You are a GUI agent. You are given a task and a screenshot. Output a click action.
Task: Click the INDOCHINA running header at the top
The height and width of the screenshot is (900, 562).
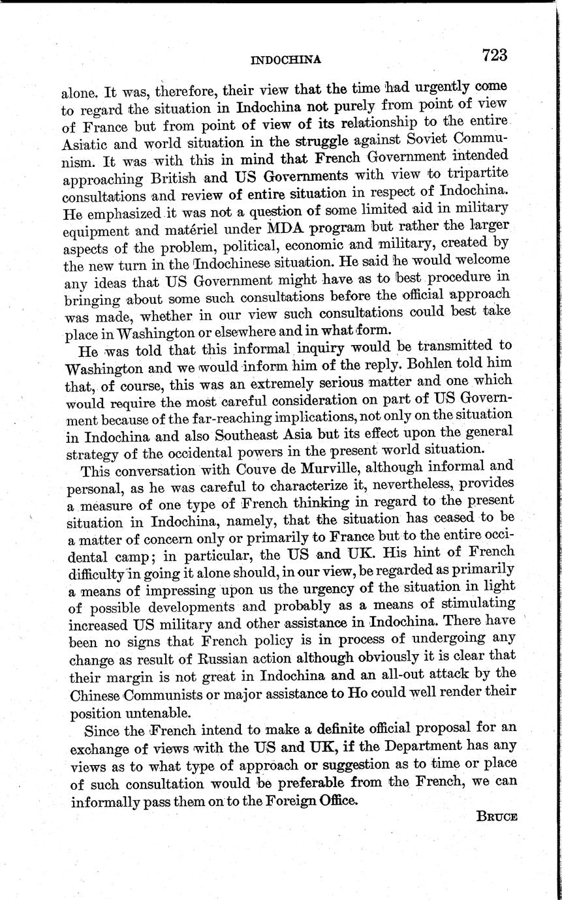[x=286, y=60]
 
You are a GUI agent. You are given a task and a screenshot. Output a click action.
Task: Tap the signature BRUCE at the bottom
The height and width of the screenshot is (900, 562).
[x=497, y=817]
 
